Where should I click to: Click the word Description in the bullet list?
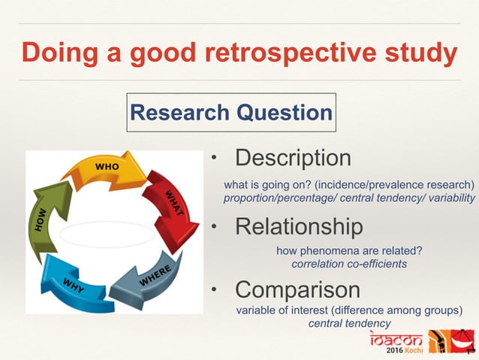coord(293,159)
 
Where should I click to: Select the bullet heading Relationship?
coord(299,226)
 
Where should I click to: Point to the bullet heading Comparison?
coord(297,289)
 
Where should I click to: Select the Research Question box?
coord(231,113)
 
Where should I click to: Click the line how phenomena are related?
coord(349,251)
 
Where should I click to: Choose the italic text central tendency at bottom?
coord(349,323)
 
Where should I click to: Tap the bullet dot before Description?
coord(213,159)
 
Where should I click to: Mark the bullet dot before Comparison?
coord(213,289)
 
